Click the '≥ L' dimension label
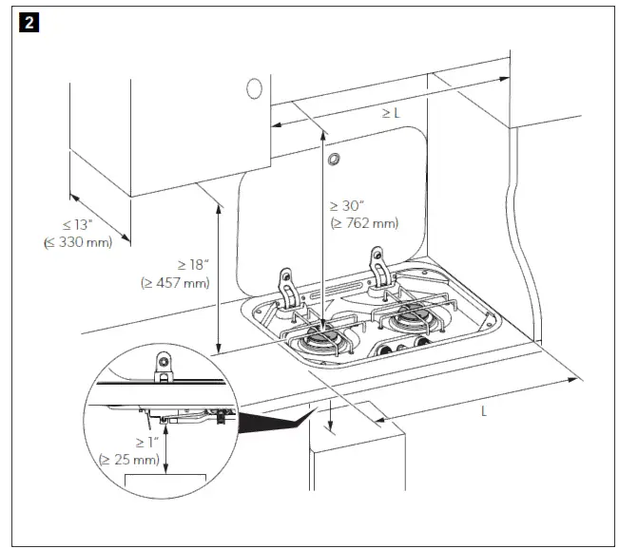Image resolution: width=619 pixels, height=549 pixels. point(390,113)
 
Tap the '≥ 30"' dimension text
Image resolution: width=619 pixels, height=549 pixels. point(348,206)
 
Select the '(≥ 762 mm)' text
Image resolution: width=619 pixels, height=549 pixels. point(363,224)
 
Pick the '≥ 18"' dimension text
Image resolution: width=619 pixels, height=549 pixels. point(177,265)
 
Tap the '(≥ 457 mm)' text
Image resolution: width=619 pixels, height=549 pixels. point(175,282)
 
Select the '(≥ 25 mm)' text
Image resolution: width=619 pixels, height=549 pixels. point(130,460)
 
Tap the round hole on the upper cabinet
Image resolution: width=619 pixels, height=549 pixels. point(254,88)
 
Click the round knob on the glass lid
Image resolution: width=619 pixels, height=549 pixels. point(333,161)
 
